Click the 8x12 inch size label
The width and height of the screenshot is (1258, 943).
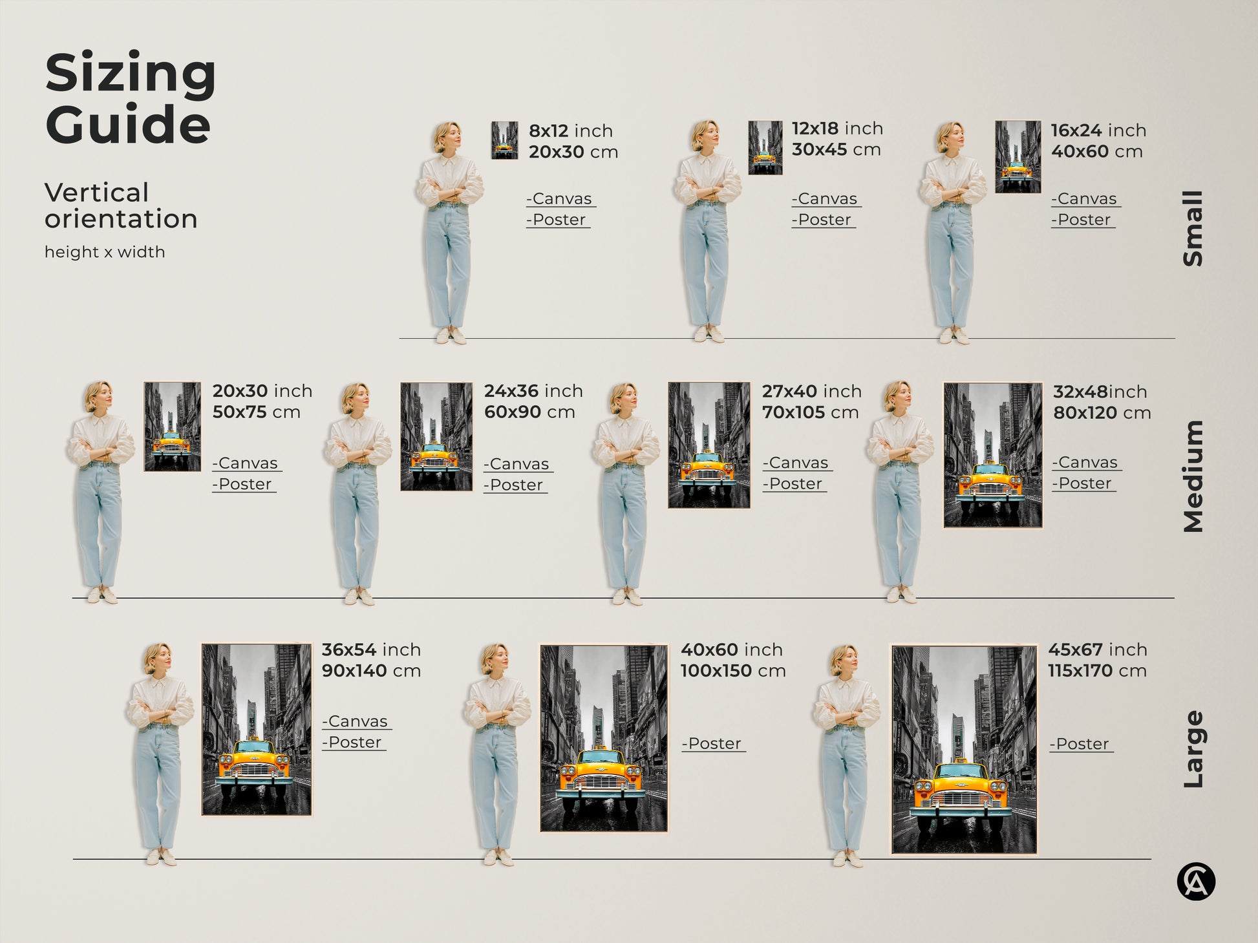(570, 131)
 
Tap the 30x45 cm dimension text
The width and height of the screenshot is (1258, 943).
(836, 150)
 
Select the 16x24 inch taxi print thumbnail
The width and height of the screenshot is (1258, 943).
(1018, 156)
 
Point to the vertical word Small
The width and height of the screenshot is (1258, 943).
(1193, 228)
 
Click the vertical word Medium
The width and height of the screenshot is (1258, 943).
(1193, 476)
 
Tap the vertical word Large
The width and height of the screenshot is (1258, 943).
(1193, 749)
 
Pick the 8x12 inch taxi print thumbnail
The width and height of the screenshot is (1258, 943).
(504, 140)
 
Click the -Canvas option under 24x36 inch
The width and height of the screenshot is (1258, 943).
(518, 464)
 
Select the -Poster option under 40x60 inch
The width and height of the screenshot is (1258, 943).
(713, 744)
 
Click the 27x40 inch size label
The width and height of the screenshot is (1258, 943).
(811, 391)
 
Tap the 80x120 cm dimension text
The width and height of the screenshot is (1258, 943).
(1102, 413)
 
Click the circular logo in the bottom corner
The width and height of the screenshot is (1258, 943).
(1196, 882)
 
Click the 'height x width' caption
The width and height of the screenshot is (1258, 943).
(105, 252)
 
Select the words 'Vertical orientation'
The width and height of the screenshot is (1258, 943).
(121, 206)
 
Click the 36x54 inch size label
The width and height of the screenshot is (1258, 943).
(371, 650)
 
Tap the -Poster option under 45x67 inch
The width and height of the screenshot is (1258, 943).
(1081, 745)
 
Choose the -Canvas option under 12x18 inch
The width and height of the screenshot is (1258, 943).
(826, 199)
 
